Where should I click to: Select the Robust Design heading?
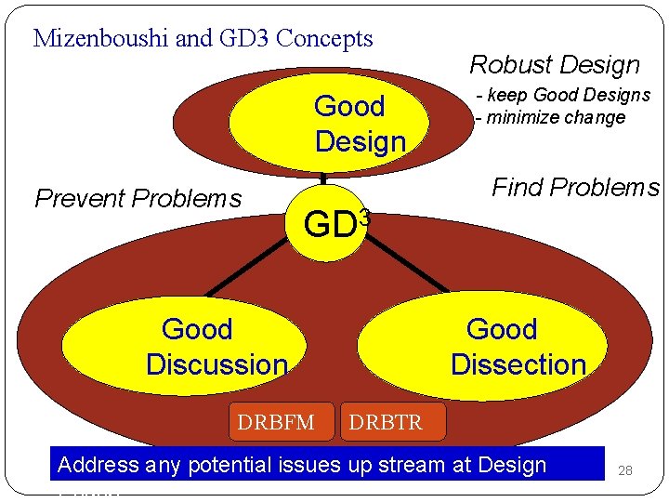[x=555, y=65]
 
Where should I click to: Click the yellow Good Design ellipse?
[x=330, y=124]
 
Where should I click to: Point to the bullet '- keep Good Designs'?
[x=563, y=95]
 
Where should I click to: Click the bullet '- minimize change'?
[x=550, y=118]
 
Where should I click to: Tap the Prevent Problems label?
[x=138, y=199]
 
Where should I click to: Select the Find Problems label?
[x=575, y=188]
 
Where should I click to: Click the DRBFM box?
[x=276, y=423]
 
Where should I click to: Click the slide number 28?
[x=625, y=471]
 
